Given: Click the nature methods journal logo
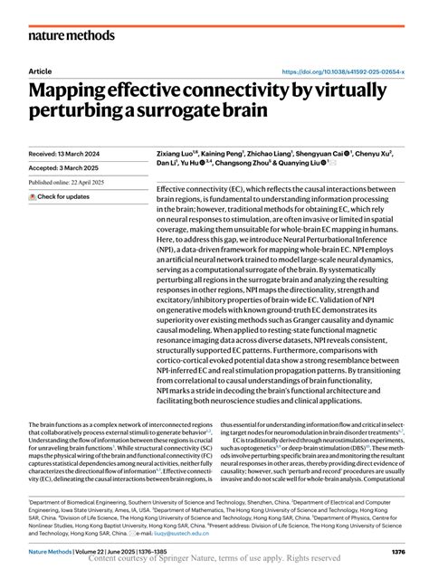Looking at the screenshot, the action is coord(72,35).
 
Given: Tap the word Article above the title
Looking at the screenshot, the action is coord(40,71).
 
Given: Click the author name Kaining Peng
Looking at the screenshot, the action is coord(227,155).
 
